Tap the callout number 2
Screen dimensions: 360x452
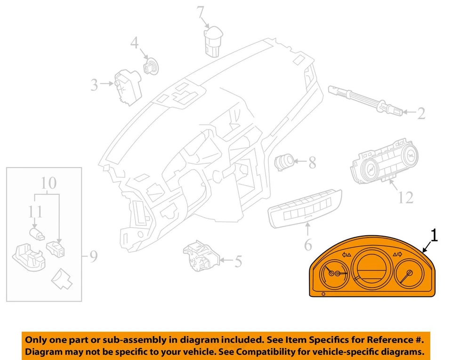420,113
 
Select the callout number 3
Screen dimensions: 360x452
94,85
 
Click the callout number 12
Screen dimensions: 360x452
405,197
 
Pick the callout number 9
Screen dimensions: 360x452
93,256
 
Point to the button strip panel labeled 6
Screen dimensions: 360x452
303,207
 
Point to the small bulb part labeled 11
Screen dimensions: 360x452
37,234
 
